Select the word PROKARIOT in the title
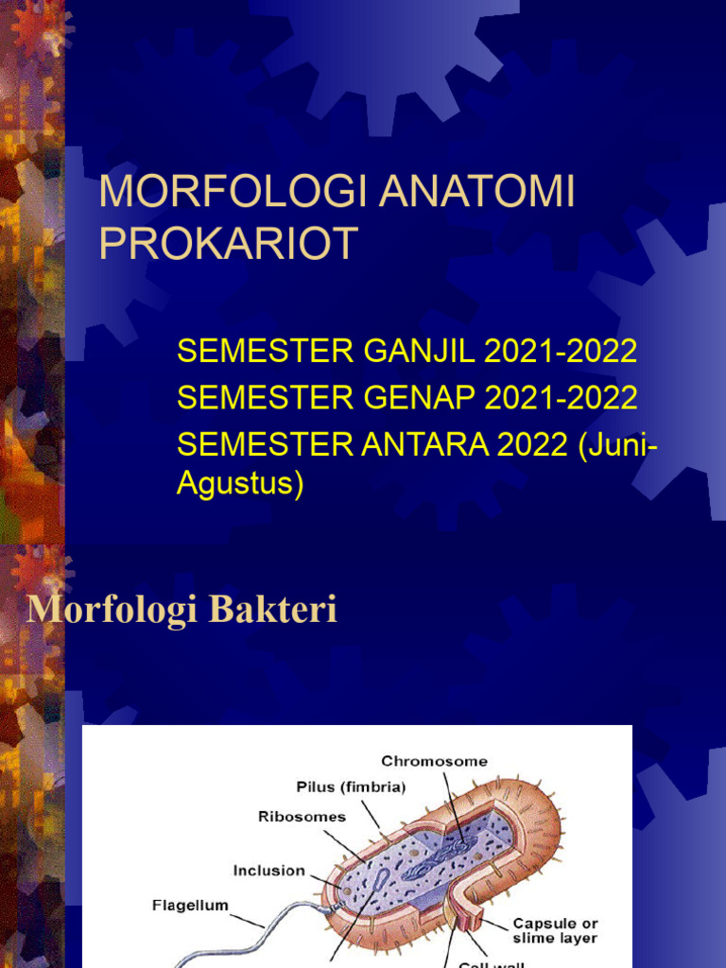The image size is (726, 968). (228, 243)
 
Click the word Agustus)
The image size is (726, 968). (240, 484)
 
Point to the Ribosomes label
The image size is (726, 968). (302, 816)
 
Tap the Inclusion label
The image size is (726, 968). (269, 871)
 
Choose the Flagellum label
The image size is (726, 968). (190, 906)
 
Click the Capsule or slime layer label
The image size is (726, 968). (555, 930)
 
